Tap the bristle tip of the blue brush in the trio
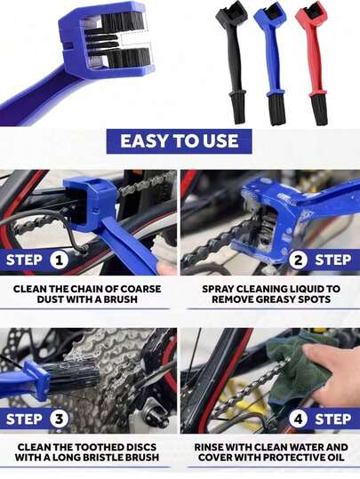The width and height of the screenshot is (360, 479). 276,110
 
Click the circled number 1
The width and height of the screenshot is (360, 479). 59,260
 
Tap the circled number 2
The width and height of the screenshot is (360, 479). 299,260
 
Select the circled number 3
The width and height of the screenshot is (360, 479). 59,419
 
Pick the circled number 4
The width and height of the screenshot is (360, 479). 299,419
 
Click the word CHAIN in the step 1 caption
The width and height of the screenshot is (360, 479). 89,289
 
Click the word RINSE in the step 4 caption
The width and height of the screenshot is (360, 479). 209,447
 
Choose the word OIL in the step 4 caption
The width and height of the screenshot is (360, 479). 335,458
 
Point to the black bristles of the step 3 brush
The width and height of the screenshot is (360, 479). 73,378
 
